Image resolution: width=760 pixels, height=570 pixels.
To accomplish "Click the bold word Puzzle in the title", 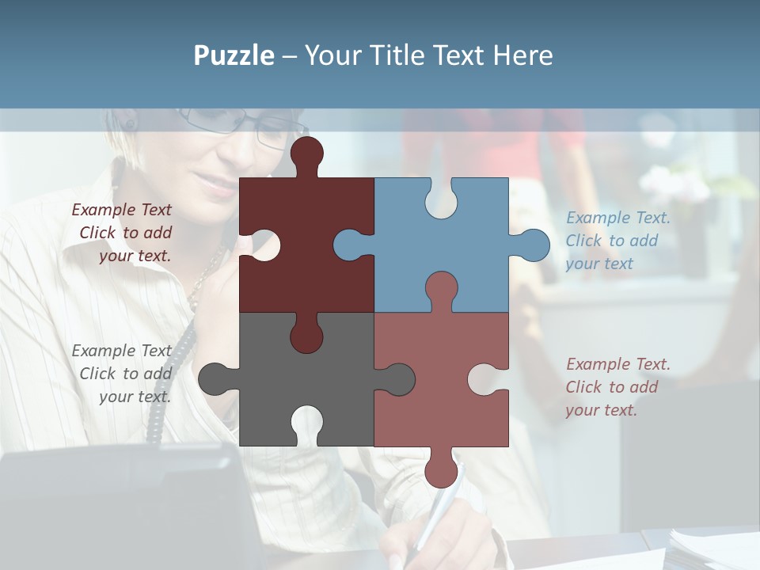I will click(x=234, y=55).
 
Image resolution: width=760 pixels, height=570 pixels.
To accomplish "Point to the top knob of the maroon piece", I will click(x=307, y=154).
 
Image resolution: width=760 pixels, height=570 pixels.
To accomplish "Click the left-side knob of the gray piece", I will click(x=215, y=379).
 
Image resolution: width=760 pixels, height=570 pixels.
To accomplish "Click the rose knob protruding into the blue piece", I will click(x=441, y=289).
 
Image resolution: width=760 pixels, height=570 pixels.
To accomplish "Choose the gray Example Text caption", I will click(x=123, y=374).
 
